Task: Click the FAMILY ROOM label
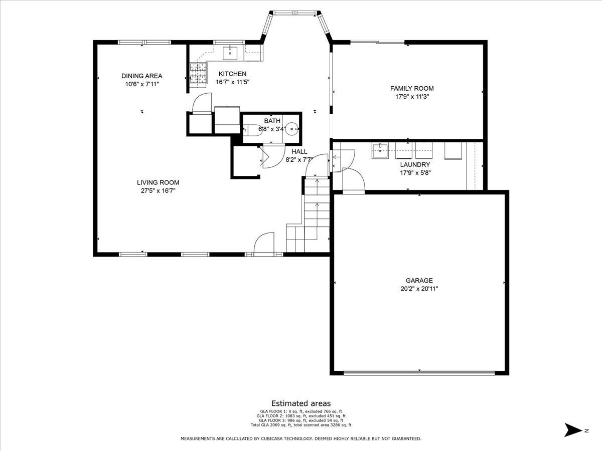pos(412,88)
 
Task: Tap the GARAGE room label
pos(419,281)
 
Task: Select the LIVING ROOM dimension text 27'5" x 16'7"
pos(158,190)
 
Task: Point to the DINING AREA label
pos(141,76)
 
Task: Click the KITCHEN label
pos(232,74)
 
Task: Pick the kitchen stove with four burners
pos(198,73)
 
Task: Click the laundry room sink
pos(380,150)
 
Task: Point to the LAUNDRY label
pos(415,164)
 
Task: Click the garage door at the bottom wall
pos(419,372)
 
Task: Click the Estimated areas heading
pos(301,403)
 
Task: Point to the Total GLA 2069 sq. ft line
pos(301,425)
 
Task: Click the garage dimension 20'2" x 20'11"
pos(419,289)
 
